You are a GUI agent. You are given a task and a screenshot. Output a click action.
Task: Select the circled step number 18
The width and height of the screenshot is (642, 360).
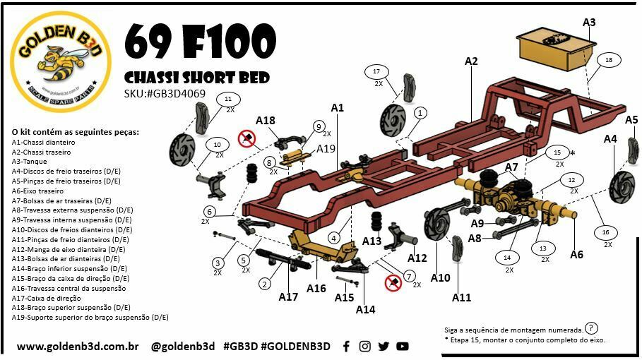[609, 61]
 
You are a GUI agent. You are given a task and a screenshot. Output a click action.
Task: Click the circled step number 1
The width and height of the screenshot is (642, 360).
[421, 112]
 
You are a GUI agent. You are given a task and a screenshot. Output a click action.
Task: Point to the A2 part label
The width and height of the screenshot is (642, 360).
[471, 61]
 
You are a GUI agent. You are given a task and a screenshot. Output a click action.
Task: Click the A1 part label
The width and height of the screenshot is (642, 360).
[337, 107]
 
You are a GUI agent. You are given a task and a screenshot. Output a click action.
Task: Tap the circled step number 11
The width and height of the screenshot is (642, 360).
[228, 100]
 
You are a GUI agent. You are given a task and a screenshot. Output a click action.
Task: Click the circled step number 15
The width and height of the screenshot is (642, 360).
[557, 152]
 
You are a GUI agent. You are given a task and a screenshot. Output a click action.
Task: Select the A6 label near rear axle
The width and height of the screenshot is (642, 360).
[576, 254]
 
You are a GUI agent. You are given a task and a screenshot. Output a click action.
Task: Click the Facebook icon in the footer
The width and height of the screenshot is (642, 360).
[346, 346]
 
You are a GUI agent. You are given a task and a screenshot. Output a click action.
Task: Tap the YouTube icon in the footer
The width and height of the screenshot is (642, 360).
[403, 346]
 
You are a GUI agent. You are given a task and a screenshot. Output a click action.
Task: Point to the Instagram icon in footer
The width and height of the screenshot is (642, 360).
[364, 346]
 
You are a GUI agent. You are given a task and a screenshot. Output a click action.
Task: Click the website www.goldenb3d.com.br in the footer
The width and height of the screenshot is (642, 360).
[77, 347]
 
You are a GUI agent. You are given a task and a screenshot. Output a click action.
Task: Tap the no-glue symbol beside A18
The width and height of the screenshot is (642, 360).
[246, 138]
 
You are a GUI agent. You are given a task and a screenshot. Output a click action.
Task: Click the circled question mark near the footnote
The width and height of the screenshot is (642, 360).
[591, 328]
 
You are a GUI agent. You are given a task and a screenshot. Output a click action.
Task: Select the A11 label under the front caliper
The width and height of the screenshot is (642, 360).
[461, 297]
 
